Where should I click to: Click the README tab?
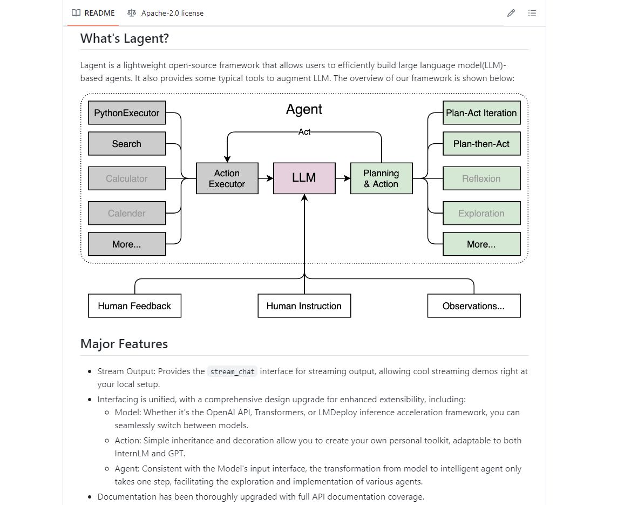click(x=93, y=13)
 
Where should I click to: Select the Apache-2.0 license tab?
click(x=165, y=13)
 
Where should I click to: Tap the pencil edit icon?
click(x=511, y=13)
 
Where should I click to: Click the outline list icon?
click(x=532, y=13)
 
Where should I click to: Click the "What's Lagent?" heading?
click(x=125, y=38)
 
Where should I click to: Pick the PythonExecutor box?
click(x=127, y=113)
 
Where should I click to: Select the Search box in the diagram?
click(x=127, y=144)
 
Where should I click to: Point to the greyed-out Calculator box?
click(x=127, y=178)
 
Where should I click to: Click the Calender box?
click(x=127, y=213)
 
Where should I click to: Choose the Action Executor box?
click(x=227, y=178)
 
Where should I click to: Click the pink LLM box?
click(x=304, y=178)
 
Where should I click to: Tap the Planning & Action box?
click(x=381, y=178)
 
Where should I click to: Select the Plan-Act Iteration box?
click(x=481, y=113)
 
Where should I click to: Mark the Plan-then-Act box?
click(x=481, y=144)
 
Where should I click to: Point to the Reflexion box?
click(x=481, y=178)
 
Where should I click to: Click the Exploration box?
click(x=481, y=213)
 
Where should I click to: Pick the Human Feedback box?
click(x=134, y=306)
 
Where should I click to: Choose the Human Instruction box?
click(x=304, y=306)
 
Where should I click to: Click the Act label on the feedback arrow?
click(x=304, y=132)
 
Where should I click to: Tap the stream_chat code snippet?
click(x=232, y=372)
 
